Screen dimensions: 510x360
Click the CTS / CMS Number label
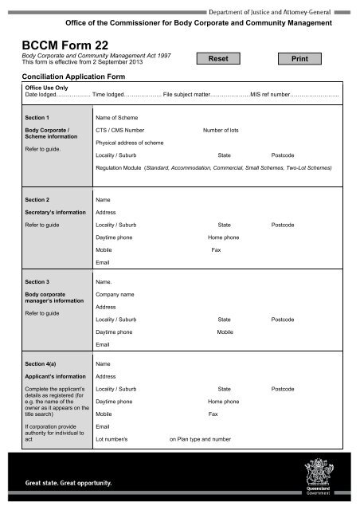[119, 129]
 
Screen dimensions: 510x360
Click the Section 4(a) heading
[41, 364]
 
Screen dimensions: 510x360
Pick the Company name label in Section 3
[115, 295]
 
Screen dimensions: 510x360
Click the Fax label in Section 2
[216, 250]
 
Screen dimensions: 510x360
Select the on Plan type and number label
[200, 438]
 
